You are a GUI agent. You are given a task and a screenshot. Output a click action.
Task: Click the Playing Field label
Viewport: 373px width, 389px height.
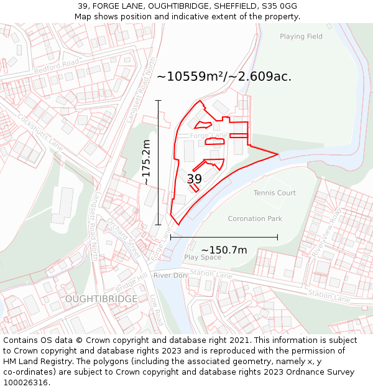[301, 37]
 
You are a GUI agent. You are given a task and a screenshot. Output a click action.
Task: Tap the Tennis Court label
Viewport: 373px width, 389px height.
[274, 193]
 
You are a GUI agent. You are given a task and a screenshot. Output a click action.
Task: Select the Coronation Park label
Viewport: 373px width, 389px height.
[255, 219]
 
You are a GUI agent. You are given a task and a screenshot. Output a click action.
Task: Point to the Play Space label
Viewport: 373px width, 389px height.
[203, 257]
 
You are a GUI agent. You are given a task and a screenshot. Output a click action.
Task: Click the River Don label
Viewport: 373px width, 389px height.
[170, 275]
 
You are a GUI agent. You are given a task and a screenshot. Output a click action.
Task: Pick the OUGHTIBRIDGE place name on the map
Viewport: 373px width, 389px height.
[101, 299]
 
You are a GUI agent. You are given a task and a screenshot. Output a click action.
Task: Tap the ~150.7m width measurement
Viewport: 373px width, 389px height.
[224, 250]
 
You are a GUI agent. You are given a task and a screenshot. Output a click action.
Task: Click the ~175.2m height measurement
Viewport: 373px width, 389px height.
[146, 162]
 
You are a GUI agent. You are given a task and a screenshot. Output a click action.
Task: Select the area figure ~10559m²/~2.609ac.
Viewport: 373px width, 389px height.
[224, 77]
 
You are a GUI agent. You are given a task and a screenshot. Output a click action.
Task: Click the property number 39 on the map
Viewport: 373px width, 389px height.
[194, 179]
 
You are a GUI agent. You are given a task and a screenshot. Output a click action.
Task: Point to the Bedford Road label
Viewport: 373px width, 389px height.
[57, 67]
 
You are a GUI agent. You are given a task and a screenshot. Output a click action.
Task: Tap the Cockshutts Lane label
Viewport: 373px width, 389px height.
[40, 131]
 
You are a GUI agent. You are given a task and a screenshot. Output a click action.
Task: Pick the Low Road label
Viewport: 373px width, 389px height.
[156, 309]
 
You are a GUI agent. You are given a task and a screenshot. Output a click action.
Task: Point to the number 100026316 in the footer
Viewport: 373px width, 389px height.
[25, 383]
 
